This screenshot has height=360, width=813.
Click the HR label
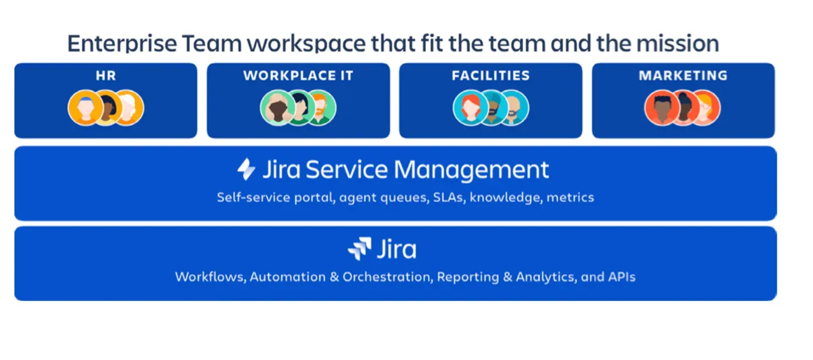tap(105, 76)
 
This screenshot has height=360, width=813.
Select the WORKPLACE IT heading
tap(298, 76)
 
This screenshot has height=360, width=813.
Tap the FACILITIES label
tap(490, 76)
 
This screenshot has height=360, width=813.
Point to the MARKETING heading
tap(683, 76)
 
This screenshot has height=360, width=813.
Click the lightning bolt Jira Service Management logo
tap(246, 170)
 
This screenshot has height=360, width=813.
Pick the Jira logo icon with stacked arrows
tap(359, 249)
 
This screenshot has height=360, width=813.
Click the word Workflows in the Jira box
tap(210, 277)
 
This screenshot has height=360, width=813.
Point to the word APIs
tap(622, 277)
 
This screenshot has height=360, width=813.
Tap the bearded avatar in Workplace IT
tap(319, 108)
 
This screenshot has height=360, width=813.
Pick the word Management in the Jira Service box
tap(472, 170)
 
